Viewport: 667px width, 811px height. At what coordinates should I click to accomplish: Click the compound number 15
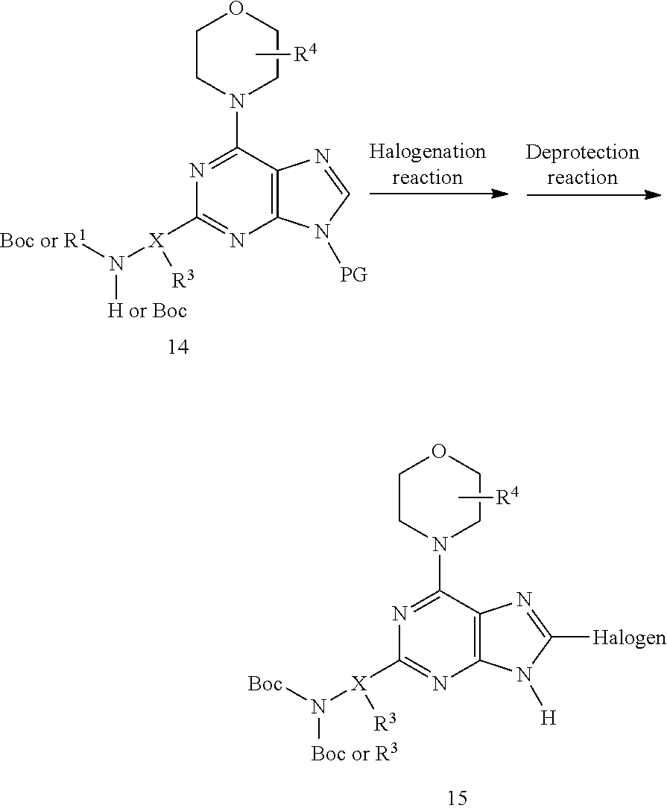[458, 798]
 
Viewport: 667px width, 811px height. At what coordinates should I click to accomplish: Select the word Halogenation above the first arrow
[428, 151]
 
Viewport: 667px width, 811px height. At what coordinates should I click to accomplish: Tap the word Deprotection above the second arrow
[582, 152]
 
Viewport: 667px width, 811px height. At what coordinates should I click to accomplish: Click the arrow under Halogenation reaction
[439, 194]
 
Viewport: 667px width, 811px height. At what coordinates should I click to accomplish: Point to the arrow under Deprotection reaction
[594, 194]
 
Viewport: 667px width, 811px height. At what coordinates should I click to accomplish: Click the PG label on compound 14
[353, 275]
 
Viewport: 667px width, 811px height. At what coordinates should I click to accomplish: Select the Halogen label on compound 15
[629, 637]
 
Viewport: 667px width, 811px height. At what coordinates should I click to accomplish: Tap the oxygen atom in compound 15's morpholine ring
[439, 451]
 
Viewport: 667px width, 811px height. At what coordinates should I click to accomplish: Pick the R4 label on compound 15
[508, 497]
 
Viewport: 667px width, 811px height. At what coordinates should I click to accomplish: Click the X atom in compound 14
[156, 240]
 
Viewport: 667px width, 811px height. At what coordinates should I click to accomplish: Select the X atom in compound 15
[358, 684]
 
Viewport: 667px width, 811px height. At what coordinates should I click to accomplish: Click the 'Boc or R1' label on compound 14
[39, 240]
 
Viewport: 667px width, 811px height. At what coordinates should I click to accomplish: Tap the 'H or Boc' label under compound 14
[147, 311]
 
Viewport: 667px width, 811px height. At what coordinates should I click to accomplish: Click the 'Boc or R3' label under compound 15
[354, 753]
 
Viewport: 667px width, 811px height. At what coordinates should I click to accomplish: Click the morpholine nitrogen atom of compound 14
[236, 101]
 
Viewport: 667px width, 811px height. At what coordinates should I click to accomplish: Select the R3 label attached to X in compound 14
[183, 279]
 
